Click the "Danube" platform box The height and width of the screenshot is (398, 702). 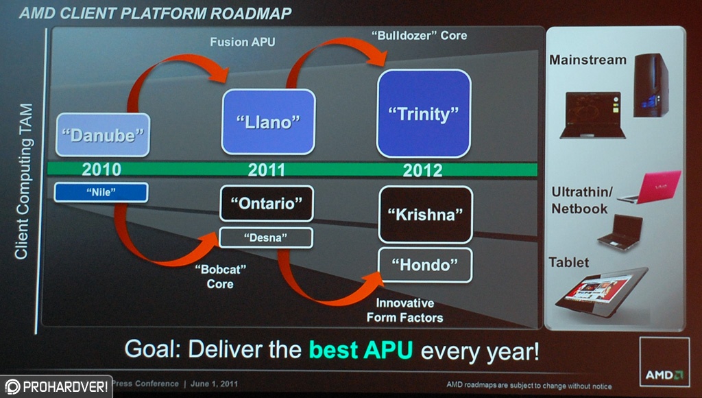click(103, 135)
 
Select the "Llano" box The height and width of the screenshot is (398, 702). click(268, 122)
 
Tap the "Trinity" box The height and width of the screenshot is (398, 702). click(424, 114)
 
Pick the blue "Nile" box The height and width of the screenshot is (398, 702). click(101, 192)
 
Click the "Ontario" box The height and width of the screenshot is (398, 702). click(267, 204)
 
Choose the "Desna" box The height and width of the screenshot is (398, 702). click(266, 237)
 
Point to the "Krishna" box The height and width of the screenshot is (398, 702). click(425, 215)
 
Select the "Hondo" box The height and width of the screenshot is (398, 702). click(425, 265)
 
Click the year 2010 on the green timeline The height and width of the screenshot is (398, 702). click(101, 169)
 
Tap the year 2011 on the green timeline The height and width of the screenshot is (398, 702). click(267, 170)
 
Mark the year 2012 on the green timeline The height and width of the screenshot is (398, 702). click(422, 170)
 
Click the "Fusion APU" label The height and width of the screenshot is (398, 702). click(243, 42)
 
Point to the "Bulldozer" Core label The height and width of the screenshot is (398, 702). click(419, 36)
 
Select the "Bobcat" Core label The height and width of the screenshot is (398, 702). click(220, 277)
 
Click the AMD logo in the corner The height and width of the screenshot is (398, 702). click(664, 362)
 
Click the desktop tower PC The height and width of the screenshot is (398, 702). click(651, 85)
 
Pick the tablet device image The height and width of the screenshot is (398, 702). click(602, 292)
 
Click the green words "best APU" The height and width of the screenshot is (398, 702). click(361, 350)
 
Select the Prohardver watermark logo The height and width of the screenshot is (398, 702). click(56, 386)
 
